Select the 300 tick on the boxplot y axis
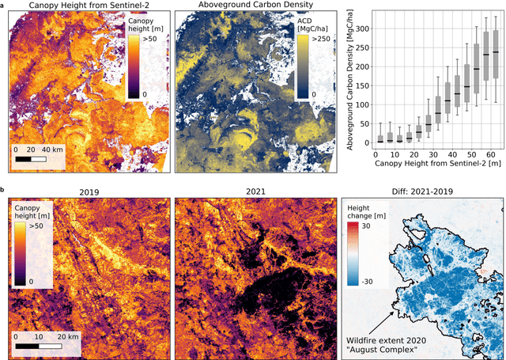click(x=361, y=27)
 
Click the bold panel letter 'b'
click(x=4, y=191)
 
